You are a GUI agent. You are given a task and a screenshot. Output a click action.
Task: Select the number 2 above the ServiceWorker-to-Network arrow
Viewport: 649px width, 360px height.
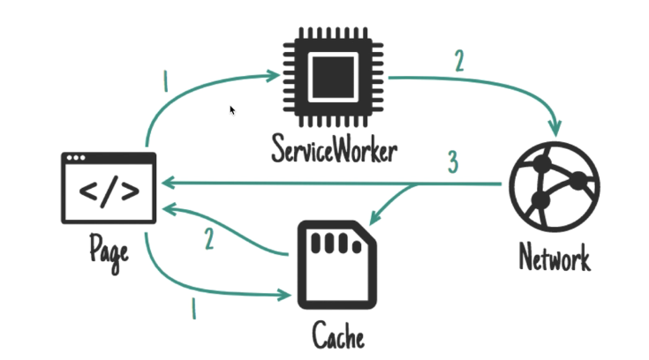coord(457,62)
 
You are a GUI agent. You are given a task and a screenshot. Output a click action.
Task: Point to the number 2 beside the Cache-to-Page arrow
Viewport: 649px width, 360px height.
coord(209,240)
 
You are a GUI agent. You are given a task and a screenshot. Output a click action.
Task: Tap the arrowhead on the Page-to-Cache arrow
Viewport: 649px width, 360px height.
coord(285,293)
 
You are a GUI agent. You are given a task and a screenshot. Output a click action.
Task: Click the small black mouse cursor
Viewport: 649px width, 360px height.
coord(232,110)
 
